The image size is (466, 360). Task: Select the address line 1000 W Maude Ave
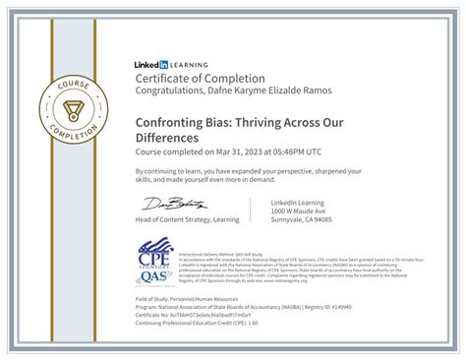click(297, 210)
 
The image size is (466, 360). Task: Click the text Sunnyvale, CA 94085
click(302, 219)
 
